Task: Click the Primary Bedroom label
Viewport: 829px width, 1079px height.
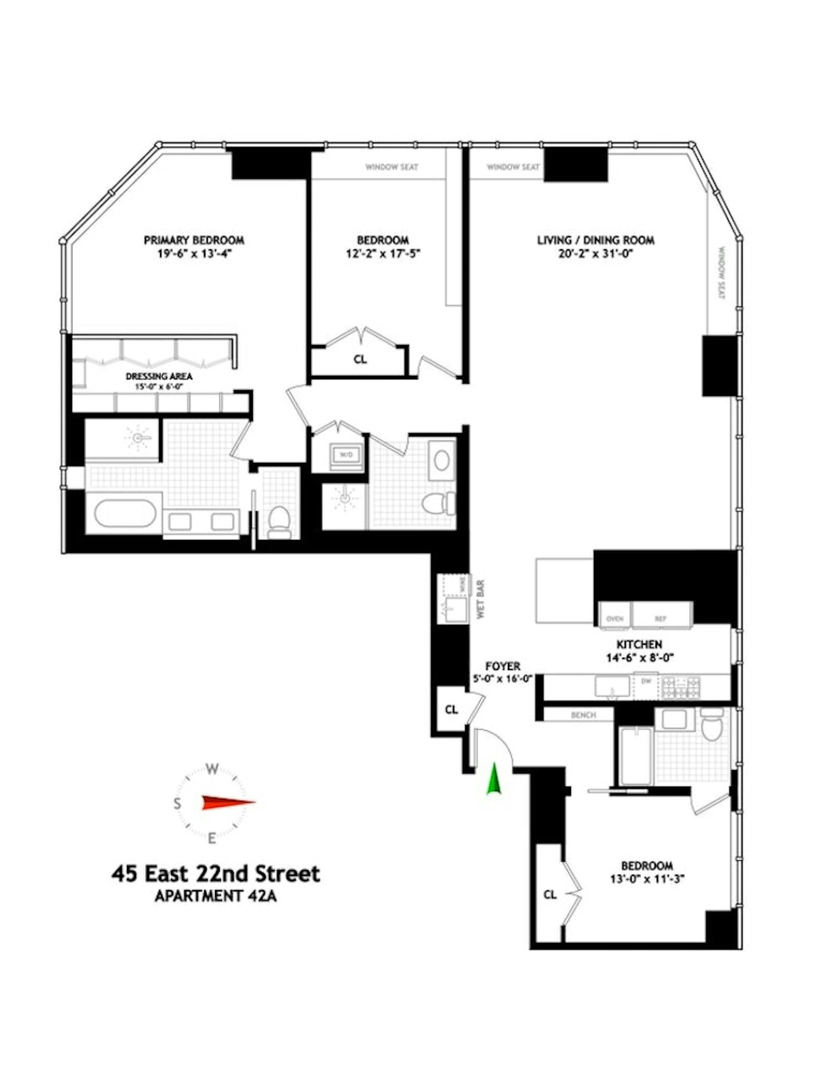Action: coord(194,240)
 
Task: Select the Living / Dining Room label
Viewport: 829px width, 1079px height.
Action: coord(595,240)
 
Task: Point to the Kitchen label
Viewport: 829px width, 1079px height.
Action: coord(638,644)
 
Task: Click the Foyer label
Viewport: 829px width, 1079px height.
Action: coord(503,666)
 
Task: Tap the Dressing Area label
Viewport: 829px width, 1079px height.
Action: coord(159,376)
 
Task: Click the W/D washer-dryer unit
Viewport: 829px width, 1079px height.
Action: coord(346,455)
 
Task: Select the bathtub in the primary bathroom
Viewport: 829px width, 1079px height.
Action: coord(125,513)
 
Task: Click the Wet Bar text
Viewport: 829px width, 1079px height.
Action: coord(480,599)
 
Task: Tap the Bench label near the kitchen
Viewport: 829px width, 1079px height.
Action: coord(583,715)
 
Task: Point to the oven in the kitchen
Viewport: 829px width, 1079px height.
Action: coord(614,619)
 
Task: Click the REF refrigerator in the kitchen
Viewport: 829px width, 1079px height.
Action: coord(660,619)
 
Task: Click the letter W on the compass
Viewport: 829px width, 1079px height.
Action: coord(212,769)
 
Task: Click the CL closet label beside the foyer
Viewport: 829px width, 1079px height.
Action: coord(451,709)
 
